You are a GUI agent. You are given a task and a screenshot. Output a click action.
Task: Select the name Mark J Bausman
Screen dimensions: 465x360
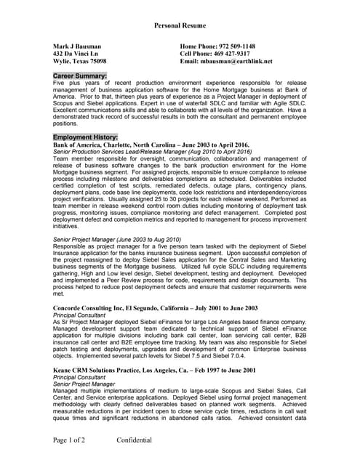[x=78, y=46]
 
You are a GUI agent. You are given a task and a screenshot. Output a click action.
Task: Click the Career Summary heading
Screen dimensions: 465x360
[x=80, y=76]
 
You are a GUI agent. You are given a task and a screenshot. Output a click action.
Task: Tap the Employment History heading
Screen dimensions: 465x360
[x=86, y=137]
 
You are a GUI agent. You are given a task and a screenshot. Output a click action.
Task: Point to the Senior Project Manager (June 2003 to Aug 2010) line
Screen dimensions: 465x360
[x=117, y=238]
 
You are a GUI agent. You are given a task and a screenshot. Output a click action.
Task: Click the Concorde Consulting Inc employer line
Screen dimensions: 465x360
[x=156, y=308]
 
